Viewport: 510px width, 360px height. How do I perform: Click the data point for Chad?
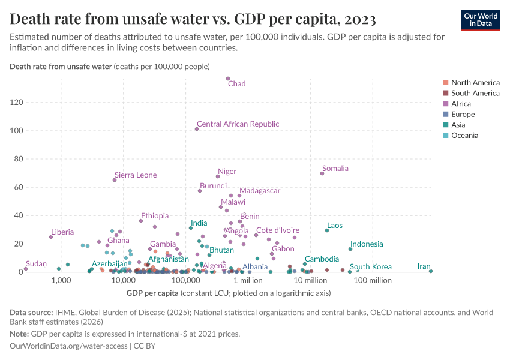tap(228, 79)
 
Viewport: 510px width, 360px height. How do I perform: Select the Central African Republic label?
tap(238, 124)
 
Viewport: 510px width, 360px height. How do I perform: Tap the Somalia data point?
tap(322, 173)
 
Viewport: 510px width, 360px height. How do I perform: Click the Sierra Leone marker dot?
tap(115, 180)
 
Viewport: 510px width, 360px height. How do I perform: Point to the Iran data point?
tap(431, 271)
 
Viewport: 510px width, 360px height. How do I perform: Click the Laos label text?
tap(335, 226)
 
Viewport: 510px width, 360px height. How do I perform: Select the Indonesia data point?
tap(350, 249)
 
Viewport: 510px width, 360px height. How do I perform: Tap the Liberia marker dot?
tap(51, 237)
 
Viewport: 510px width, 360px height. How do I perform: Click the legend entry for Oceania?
tap(464, 136)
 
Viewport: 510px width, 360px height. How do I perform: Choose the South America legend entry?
tap(475, 93)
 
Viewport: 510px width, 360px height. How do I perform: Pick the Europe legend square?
tap(445, 115)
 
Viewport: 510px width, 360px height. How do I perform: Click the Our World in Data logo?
tap(481, 20)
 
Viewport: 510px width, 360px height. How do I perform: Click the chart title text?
tap(193, 20)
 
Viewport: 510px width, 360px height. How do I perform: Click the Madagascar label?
tap(260, 191)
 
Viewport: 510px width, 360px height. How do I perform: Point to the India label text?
tap(199, 223)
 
